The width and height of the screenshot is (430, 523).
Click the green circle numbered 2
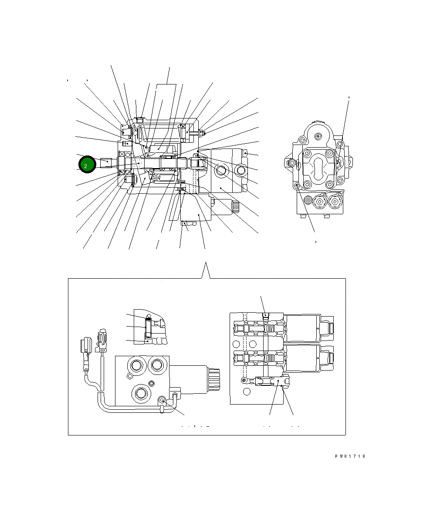click(86, 165)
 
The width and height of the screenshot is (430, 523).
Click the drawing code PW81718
click(350, 456)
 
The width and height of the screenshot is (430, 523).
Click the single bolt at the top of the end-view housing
click(318, 136)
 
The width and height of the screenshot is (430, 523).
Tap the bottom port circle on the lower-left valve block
click(141, 393)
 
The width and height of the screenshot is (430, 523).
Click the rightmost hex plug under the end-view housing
click(334, 201)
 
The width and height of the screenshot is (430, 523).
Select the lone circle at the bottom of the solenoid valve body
click(247, 392)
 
